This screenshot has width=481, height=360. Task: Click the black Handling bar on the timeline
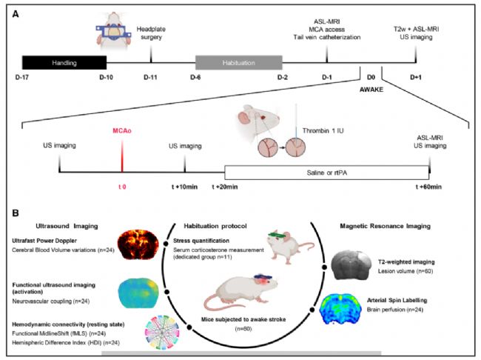pos(64,62)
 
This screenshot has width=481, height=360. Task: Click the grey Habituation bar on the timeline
pos(236,62)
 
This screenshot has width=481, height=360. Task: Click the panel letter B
pos(17,210)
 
